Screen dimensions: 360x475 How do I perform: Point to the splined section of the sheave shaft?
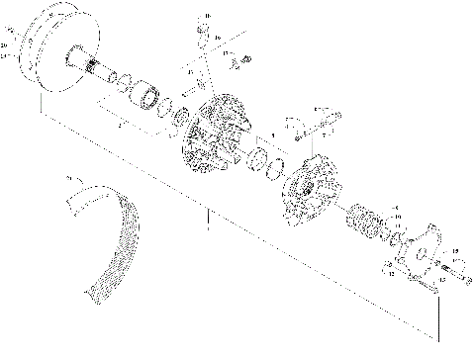pos(99,70)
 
